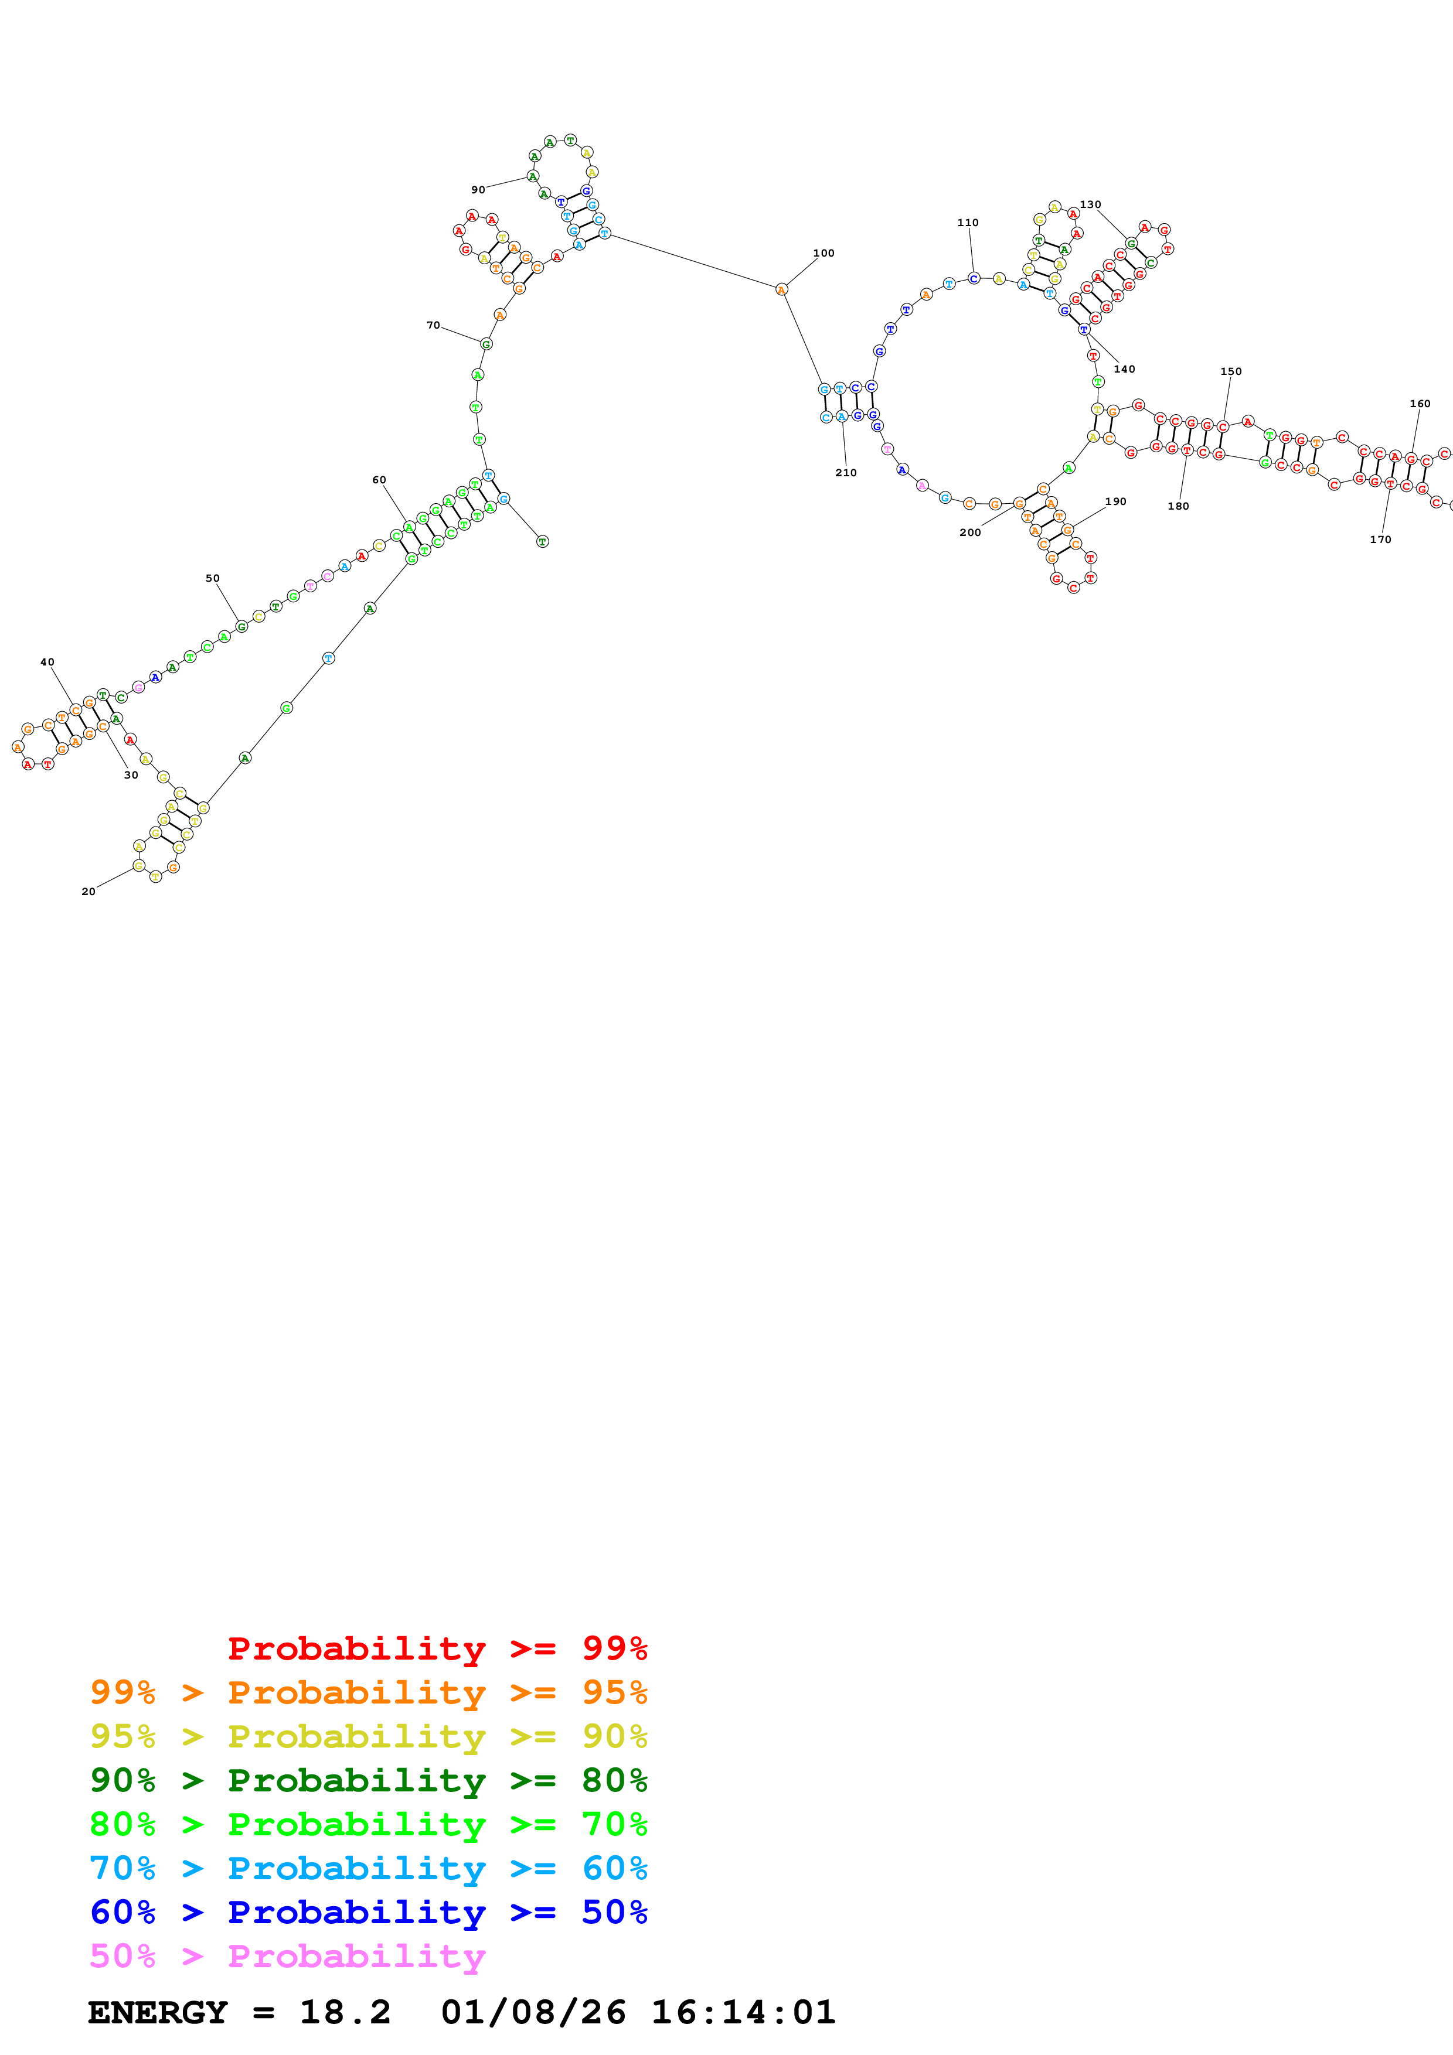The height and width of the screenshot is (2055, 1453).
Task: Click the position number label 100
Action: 823,253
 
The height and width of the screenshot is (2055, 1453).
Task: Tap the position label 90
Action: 478,190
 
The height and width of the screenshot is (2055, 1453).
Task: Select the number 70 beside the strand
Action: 433,325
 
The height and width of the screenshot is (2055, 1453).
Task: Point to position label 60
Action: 380,480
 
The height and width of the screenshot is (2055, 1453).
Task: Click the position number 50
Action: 212,578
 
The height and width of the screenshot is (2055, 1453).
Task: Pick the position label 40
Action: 47,663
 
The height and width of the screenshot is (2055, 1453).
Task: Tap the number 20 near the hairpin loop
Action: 88,892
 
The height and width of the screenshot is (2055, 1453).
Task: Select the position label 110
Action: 968,223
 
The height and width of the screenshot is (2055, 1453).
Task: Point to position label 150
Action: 1231,371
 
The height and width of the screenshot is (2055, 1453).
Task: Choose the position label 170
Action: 1380,540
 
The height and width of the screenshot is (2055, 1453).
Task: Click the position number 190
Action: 1115,501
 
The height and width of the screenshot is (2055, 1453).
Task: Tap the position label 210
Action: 846,473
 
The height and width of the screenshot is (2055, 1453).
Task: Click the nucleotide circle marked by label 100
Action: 781,289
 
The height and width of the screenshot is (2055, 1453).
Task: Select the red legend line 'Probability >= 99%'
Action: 437,1648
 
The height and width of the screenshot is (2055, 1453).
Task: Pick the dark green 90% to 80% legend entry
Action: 368,1780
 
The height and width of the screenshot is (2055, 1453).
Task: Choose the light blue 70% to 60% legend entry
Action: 368,1868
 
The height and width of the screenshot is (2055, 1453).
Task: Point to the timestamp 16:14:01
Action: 743,2013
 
